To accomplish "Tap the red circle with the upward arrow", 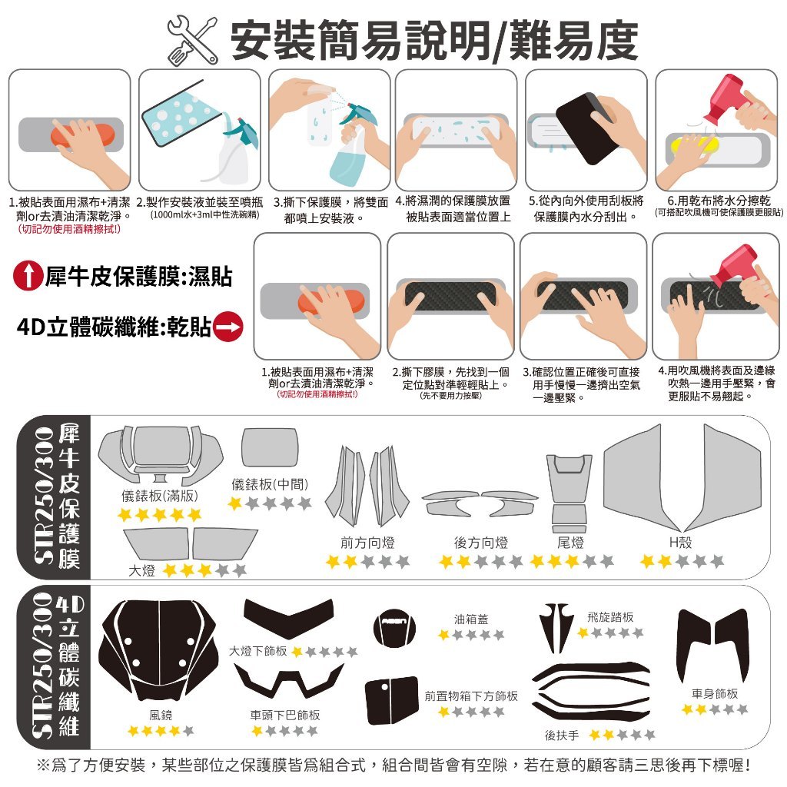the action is coord(28,276).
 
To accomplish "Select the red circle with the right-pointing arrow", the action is coord(228,327).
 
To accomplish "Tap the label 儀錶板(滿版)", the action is coord(160,496).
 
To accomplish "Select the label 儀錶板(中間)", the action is coord(270,484).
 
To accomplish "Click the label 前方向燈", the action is coord(367,543).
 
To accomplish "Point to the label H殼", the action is coord(681,542).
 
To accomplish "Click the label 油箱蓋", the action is coord(471,619).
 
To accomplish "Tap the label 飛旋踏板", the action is coord(610,617).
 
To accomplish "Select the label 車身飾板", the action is coord(715,694).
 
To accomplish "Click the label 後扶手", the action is coord(562,736).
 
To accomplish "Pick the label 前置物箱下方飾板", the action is coord(471,696).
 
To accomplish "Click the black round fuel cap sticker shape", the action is coord(395,628).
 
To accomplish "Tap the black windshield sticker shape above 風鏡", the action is coord(159,649).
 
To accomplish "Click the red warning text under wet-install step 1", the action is coord(69,229).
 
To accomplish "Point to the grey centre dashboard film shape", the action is coord(270,447).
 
